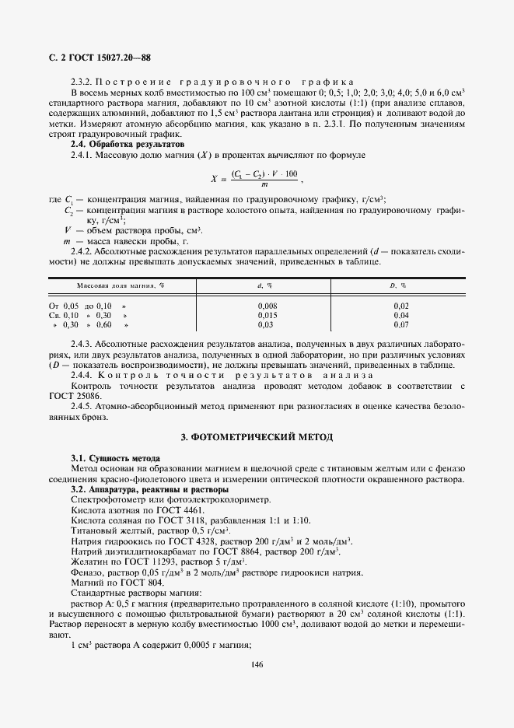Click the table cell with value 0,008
pos(267,306)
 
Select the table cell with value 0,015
pos(267,315)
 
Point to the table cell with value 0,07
pos(400,324)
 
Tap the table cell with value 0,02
pos(400,306)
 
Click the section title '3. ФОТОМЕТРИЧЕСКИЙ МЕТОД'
pos(257,437)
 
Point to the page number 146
pos(257,663)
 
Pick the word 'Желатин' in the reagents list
pos(89,561)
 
